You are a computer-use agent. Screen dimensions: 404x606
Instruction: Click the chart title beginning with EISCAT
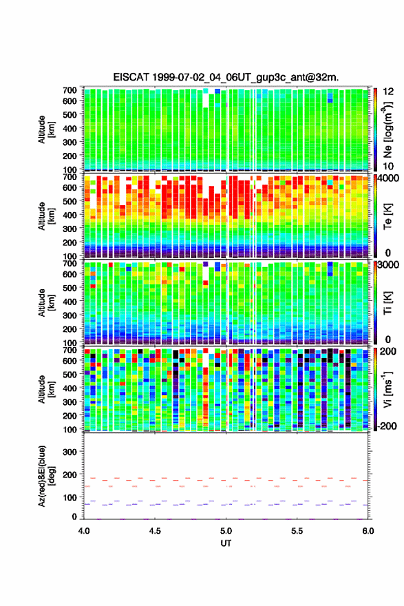point(226,77)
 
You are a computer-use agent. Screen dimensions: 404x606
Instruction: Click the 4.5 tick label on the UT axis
point(155,531)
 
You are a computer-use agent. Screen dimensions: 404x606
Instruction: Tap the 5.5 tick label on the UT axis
point(297,531)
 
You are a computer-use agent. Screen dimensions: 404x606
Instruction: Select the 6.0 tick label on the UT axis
point(368,531)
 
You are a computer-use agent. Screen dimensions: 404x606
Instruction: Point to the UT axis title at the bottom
point(226,543)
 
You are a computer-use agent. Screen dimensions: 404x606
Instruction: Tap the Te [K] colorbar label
point(387,216)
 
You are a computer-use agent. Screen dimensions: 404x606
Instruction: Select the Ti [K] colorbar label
point(387,304)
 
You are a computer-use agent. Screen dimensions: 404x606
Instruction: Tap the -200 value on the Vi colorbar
point(387,426)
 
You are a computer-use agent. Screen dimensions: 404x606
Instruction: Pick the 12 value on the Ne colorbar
point(388,92)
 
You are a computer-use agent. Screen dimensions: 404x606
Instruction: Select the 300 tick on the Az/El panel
point(70,452)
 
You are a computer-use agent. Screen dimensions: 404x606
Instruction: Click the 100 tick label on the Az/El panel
point(70,497)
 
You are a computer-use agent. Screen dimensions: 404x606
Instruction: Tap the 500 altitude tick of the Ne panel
point(70,114)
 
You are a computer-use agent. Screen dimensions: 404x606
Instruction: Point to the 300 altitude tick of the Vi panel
point(70,402)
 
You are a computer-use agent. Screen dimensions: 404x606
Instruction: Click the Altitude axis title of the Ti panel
point(47,303)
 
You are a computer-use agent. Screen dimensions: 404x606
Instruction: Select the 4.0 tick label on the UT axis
point(84,531)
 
